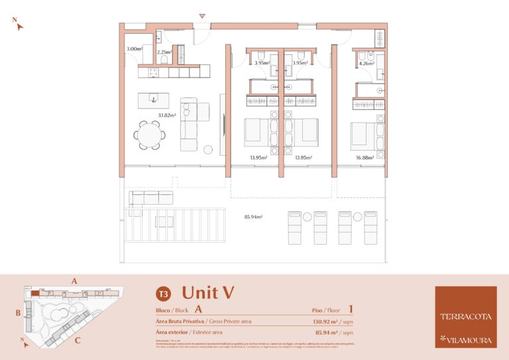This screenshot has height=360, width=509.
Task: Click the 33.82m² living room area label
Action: click(x=166, y=115)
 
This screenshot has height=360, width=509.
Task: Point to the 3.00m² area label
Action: click(x=135, y=49)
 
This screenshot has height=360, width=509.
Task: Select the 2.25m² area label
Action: click(x=164, y=52)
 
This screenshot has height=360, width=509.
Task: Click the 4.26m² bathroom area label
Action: click(x=367, y=64)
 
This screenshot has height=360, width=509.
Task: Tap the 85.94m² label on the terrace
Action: click(x=254, y=217)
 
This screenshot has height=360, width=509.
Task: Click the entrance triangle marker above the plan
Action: click(x=203, y=16)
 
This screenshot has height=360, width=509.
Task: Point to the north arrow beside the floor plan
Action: click(x=19, y=25)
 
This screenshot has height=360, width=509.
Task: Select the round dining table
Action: click(x=150, y=135)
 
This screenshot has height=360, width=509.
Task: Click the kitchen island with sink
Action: click(x=153, y=100)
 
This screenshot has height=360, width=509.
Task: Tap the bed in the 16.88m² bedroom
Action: click(x=363, y=135)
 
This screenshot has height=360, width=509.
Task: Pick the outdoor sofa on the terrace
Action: click(x=151, y=198)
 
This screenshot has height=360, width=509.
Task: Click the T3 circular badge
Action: click(x=162, y=293)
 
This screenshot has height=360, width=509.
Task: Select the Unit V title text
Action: click(x=207, y=292)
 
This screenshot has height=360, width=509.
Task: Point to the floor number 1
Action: click(x=350, y=308)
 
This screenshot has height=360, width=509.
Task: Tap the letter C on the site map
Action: click(x=78, y=341)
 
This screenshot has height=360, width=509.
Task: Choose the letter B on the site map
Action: click(x=19, y=312)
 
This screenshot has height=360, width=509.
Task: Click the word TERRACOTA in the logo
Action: click(x=465, y=316)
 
